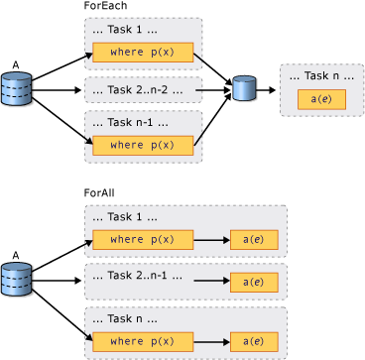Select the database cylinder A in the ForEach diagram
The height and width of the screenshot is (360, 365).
(17, 89)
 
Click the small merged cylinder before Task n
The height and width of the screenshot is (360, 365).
(245, 89)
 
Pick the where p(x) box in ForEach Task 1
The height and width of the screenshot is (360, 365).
(142, 53)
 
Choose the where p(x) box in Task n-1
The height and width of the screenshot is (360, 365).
(142, 145)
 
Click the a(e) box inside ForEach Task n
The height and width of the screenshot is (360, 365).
(321, 100)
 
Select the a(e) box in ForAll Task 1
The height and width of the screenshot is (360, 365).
(253, 240)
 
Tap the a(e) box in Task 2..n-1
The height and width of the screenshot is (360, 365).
(253, 282)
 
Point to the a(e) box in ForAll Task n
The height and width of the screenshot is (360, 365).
(253, 341)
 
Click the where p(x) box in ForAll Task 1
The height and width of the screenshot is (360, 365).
(142, 240)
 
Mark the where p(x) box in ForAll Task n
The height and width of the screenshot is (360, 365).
(142, 341)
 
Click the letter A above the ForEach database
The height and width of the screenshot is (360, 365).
(16, 65)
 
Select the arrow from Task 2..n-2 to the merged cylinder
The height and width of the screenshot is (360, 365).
(213, 90)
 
